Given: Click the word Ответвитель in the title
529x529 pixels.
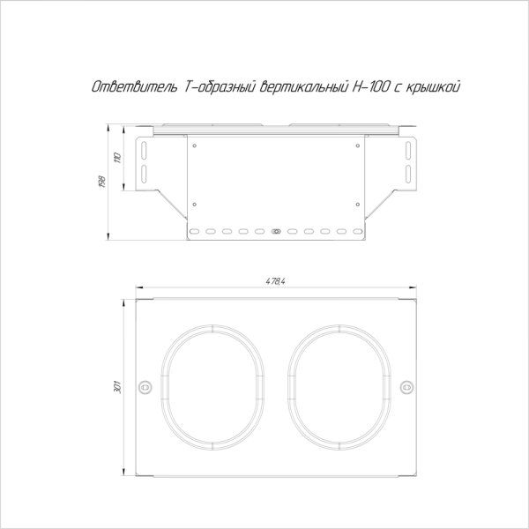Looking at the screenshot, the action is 135,87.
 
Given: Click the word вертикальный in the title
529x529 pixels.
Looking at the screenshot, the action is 304,87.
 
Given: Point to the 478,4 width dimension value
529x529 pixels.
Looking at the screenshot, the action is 276,281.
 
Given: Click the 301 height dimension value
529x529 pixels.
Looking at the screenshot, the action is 117,387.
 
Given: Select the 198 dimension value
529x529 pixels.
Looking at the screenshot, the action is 102,182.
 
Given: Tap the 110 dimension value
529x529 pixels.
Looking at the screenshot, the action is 117,158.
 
